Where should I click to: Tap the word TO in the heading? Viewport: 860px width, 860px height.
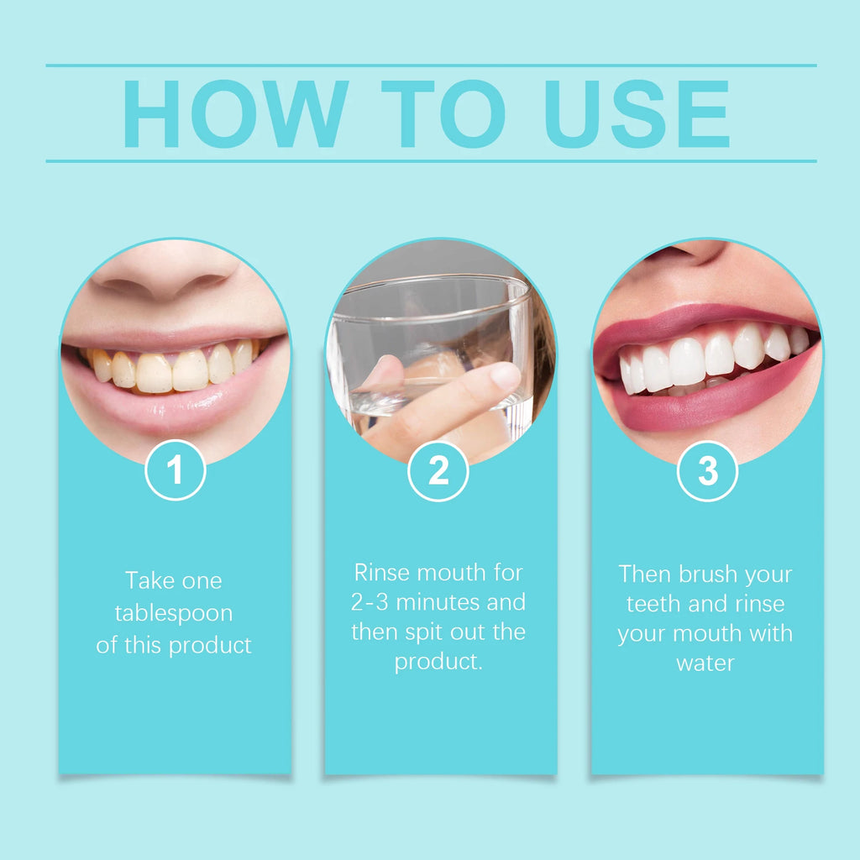pyautogui.click(x=443, y=114)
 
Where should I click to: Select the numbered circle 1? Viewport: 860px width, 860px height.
pyautogui.click(x=175, y=471)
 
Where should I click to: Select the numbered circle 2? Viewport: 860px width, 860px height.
pyautogui.click(x=438, y=471)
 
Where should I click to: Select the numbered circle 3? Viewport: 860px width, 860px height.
pyautogui.click(x=707, y=471)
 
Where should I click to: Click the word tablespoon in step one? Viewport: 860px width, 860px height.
pyautogui.click(x=174, y=613)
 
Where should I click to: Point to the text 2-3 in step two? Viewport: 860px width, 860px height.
pyautogui.click(x=370, y=602)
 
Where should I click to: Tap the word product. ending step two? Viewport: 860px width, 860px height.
pyautogui.click(x=438, y=662)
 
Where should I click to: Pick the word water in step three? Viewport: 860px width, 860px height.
pyautogui.click(x=705, y=663)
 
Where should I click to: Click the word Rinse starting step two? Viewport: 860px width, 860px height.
pyautogui.click(x=383, y=573)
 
